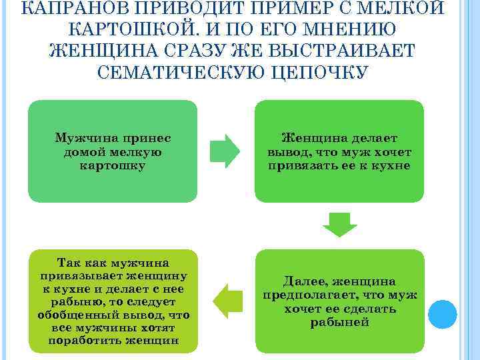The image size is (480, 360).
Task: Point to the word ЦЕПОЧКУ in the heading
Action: click(319, 72)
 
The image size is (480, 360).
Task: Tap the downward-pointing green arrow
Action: click(340, 225)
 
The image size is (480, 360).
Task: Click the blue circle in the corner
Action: click(441, 311)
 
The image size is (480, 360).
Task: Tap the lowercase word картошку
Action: click(112, 165)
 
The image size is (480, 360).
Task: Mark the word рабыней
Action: click(340, 322)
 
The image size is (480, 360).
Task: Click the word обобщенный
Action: click(70, 315)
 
